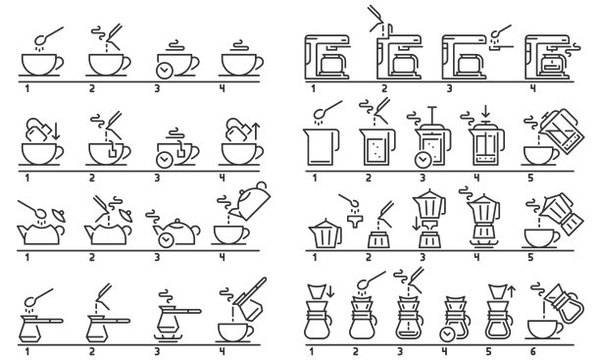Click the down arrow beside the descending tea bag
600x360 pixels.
55,130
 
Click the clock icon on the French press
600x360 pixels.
422,159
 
